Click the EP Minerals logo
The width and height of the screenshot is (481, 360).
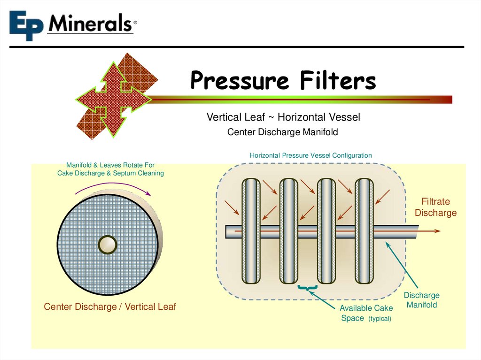tap(72, 24)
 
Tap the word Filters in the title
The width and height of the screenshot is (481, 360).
tap(338, 81)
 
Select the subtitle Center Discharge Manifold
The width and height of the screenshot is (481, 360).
tap(282, 132)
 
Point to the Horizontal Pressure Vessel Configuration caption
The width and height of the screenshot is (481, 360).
tap(310, 155)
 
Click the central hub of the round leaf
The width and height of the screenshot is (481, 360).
tap(107, 244)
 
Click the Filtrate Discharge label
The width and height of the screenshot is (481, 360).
tap(435, 207)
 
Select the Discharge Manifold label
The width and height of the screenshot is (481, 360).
tap(421, 300)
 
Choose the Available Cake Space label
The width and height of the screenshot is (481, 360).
tap(359, 313)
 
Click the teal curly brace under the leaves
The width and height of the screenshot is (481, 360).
tap(308, 287)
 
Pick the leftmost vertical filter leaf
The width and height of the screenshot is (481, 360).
tap(251, 231)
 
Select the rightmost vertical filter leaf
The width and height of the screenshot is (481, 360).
tap(364, 231)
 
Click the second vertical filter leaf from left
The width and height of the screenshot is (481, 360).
tap(288, 231)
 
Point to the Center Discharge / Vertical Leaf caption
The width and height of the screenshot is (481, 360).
tap(109, 306)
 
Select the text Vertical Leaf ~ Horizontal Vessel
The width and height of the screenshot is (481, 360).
tap(283, 117)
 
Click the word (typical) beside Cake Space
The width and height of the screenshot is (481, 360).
tap(380, 319)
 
